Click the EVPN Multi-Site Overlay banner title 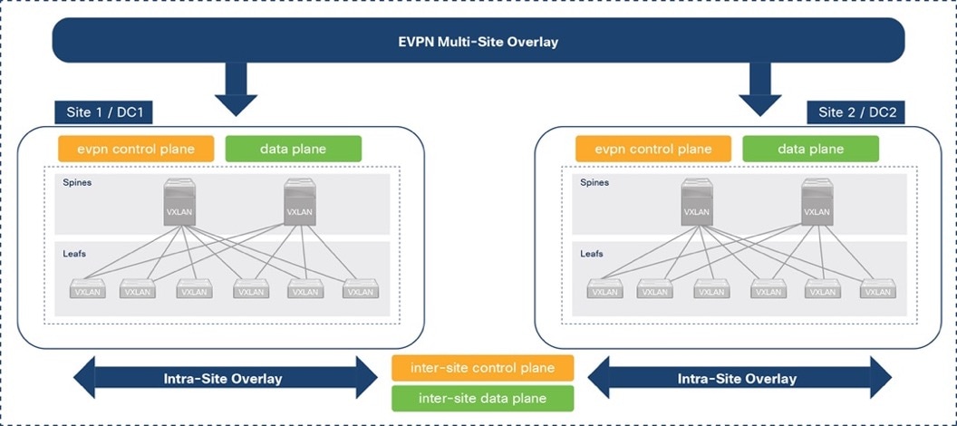tap(478, 42)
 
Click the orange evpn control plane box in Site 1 tap(136, 149)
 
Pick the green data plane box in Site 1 tap(293, 149)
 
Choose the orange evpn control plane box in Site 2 tap(653, 149)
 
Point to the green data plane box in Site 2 tap(810, 149)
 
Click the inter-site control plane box tap(482, 367)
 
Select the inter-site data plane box tap(482, 398)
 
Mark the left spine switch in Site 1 tap(181, 202)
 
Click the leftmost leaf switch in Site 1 tap(88, 290)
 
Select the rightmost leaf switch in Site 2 tap(877, 290)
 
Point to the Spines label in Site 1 tap(77, 182)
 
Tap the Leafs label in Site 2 tap(593, 254)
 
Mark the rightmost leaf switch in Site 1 tap(360, 290)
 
